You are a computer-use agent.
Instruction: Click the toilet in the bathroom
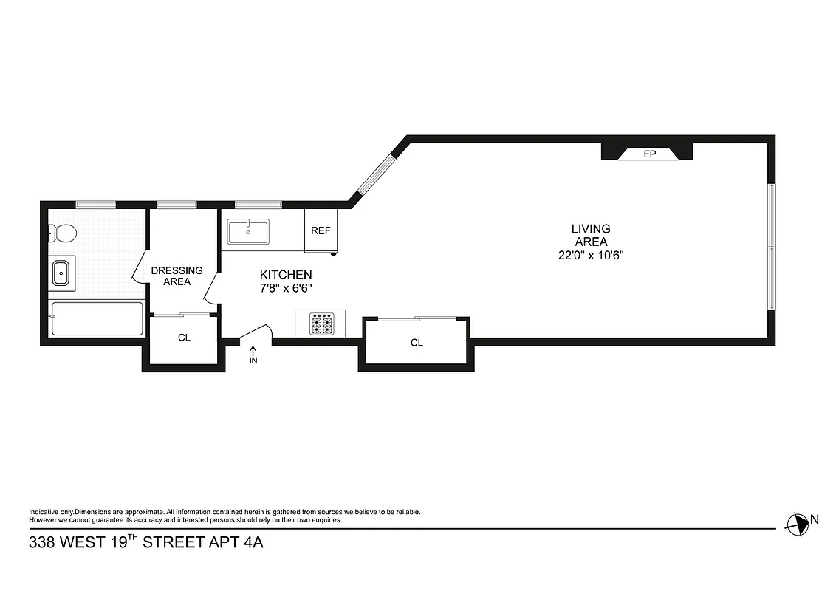point(64,233)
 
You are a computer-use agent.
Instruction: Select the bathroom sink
point(61,273)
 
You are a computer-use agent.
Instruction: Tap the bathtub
point(97,318)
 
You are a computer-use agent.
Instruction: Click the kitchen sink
point(248,231)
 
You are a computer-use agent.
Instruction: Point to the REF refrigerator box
point(321,230)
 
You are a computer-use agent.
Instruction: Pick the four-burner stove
point(321,324)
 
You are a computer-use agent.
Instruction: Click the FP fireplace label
point(649,154)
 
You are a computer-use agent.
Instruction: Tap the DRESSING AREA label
point(177,276)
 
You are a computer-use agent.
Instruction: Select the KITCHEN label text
point(285,274)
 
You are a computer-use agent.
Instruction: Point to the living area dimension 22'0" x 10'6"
point(591,256)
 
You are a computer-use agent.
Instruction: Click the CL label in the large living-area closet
point(417,343)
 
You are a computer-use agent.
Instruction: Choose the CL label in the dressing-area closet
point(184,338)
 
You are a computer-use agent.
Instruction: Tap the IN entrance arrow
point(253,355)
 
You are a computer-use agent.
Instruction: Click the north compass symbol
point(798,524)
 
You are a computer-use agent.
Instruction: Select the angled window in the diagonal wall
point(377,172)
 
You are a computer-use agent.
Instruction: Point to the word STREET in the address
point(173,543)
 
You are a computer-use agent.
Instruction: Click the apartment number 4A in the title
point(252,543)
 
